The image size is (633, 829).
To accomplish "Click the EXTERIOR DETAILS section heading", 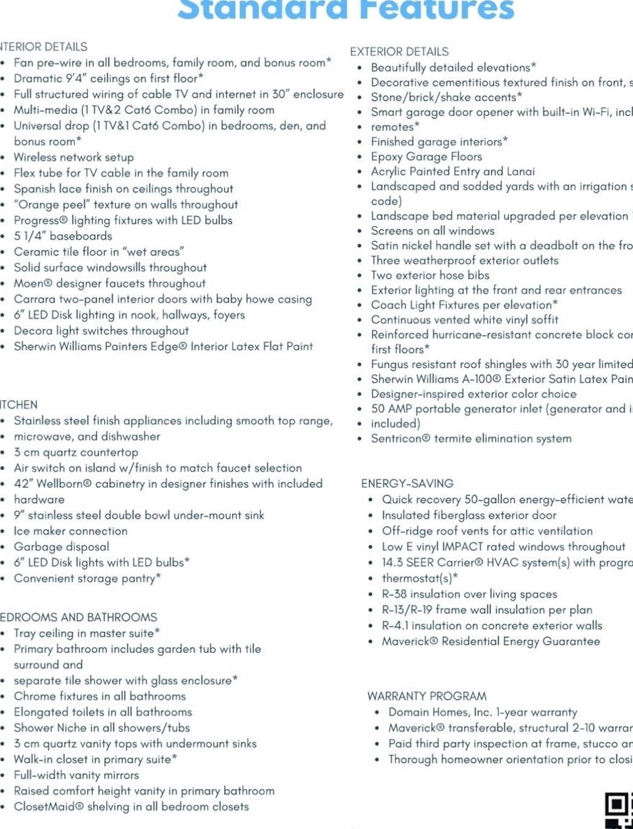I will tap(399, 51).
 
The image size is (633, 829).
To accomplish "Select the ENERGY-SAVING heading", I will tap(407, 483).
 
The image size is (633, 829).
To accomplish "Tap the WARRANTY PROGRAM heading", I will tap(427, 696).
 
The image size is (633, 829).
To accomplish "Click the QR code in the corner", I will tap(619, 810).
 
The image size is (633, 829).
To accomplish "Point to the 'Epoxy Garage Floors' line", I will tap(426, 156).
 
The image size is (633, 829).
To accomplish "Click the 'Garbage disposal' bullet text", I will tap(61, 546).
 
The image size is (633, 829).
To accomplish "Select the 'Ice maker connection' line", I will tap(71, 531).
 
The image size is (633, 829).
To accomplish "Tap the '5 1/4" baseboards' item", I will tap(63, 235).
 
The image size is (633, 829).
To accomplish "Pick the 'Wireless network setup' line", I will tap(74, 157).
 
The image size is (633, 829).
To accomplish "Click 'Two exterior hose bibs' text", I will tap(430, 275).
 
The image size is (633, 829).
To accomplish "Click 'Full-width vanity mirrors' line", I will tap(76, 775).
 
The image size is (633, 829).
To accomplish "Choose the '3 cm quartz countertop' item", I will tap(76, 452).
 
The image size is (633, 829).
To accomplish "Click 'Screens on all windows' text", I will tap(432, 230).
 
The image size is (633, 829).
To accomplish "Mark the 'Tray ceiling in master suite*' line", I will tap(87, 633).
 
